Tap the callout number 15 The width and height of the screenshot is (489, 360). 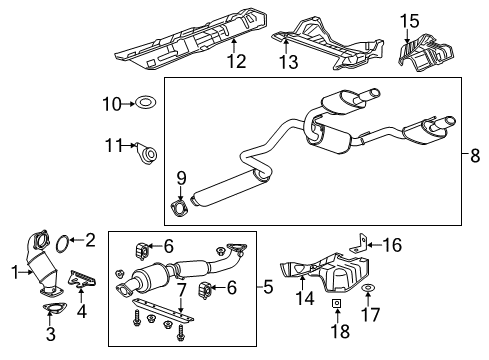[411, 21]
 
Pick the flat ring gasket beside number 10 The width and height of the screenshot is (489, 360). [144, 102]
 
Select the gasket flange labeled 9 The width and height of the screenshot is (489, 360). [179, 208]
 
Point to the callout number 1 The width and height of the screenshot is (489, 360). [15, 270]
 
